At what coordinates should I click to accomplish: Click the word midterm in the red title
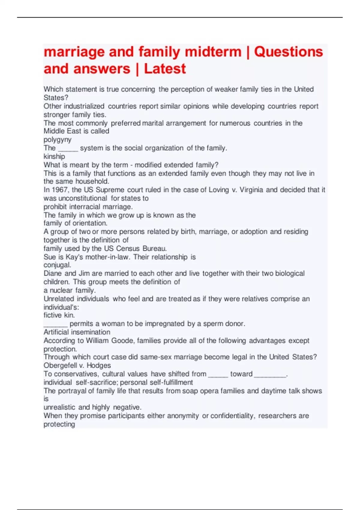tap(213, 52)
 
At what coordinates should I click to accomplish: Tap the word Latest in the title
tap(165, 69)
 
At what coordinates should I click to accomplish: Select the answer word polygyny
tap(58, 139)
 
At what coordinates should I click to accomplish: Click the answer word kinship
tap(54, 156)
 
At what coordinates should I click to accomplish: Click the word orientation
tap(90, 223)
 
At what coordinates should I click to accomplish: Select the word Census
tap(128, 248)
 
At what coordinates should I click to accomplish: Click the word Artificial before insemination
tap(56, 332)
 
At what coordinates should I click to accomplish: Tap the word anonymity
tap(183, 416)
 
